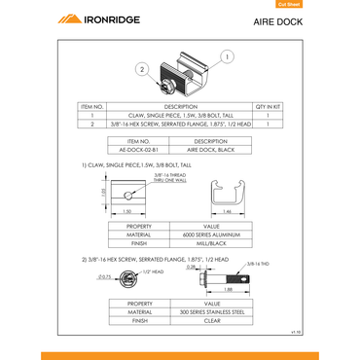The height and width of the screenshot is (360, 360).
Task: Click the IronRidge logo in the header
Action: point(99,18)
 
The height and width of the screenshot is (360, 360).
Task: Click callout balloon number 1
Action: point(227,57)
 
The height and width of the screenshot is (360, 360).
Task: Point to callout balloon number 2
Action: point(143,70)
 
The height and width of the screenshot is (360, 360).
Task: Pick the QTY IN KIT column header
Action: point(267,105)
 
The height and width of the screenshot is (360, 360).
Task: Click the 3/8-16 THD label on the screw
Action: point(258,264)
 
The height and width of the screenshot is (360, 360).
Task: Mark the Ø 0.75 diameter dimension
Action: point(104,279)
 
